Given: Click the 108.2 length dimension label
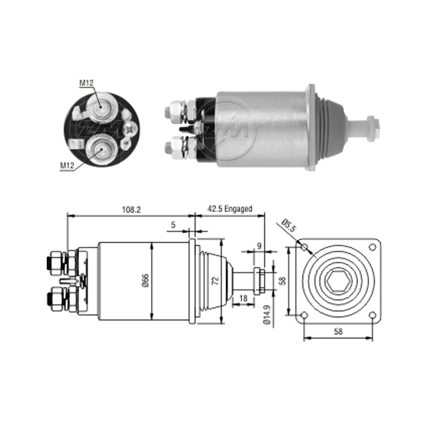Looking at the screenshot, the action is coord(131,210).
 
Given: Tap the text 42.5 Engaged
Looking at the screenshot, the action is coord(230,209).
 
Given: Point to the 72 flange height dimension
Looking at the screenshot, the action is coord(216,281).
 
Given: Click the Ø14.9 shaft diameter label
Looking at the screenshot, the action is coord(267,314).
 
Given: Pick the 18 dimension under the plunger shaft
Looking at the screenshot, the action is coord(243,298).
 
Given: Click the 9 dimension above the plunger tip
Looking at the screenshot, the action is coord(259,246).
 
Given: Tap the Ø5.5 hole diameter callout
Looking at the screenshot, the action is coord(288,225).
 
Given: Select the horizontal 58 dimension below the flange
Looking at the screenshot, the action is coord(338,331).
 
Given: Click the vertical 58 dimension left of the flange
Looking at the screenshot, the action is coord(283,281).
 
